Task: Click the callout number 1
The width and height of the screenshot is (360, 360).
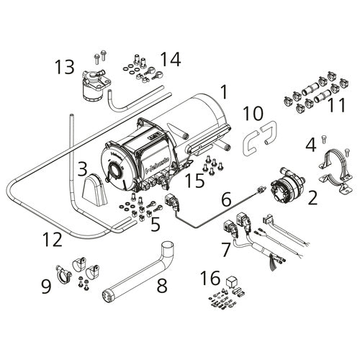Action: (x=224, y=91)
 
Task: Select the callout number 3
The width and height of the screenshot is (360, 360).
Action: (x=83, y=170)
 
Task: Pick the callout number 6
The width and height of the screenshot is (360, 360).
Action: (x=226, y=196)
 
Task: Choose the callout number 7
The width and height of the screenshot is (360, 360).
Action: (x=225, y=250)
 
